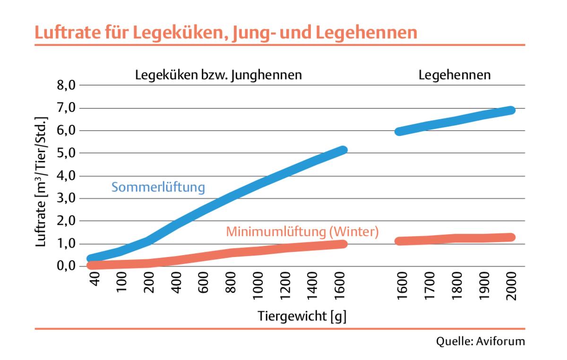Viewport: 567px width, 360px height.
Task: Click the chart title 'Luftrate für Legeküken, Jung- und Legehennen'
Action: (x=225, y=33)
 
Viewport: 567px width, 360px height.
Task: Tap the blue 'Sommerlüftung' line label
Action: (x=158, y=188)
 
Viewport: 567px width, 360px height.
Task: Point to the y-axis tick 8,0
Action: (x=66, y=86)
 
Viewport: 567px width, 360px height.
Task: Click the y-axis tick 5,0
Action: (x=66, y=153)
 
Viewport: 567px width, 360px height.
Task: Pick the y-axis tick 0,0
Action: (x=66, y=266)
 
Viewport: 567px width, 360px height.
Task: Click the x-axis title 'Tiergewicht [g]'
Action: (x=302, y=316)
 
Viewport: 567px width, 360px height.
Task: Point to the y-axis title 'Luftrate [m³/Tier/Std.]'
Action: (x=43, y=179)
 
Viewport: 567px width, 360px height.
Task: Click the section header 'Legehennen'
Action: (x=455, y=75)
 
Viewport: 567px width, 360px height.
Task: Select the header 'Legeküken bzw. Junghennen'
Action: (x=218, y=75)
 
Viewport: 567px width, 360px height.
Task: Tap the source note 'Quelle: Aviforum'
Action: (x=481, y=341)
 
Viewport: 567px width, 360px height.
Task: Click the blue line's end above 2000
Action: (x=510, y=110)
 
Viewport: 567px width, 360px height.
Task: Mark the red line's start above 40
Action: (x=92, y=265)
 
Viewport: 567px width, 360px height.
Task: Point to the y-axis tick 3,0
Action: (x=66, y=198)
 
